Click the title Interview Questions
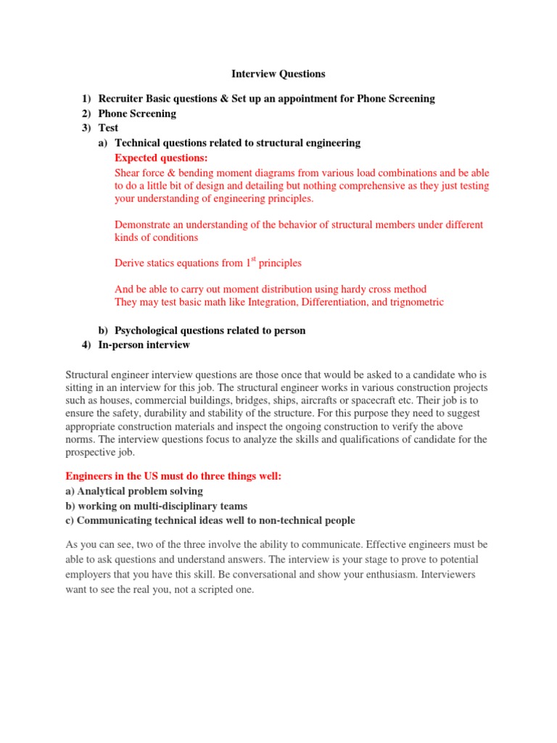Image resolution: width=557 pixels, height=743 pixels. click(x=278, y=73)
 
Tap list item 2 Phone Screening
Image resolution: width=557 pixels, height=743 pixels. click(x=137, y=113)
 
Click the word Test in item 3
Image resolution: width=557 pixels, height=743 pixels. click(x=108, y=128)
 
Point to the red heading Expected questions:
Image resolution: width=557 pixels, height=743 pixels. click(x=161, y=157)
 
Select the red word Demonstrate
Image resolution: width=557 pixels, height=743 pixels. click(x=144, y=225)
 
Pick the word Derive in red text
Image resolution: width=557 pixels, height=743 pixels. click(x=130, y=263)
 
